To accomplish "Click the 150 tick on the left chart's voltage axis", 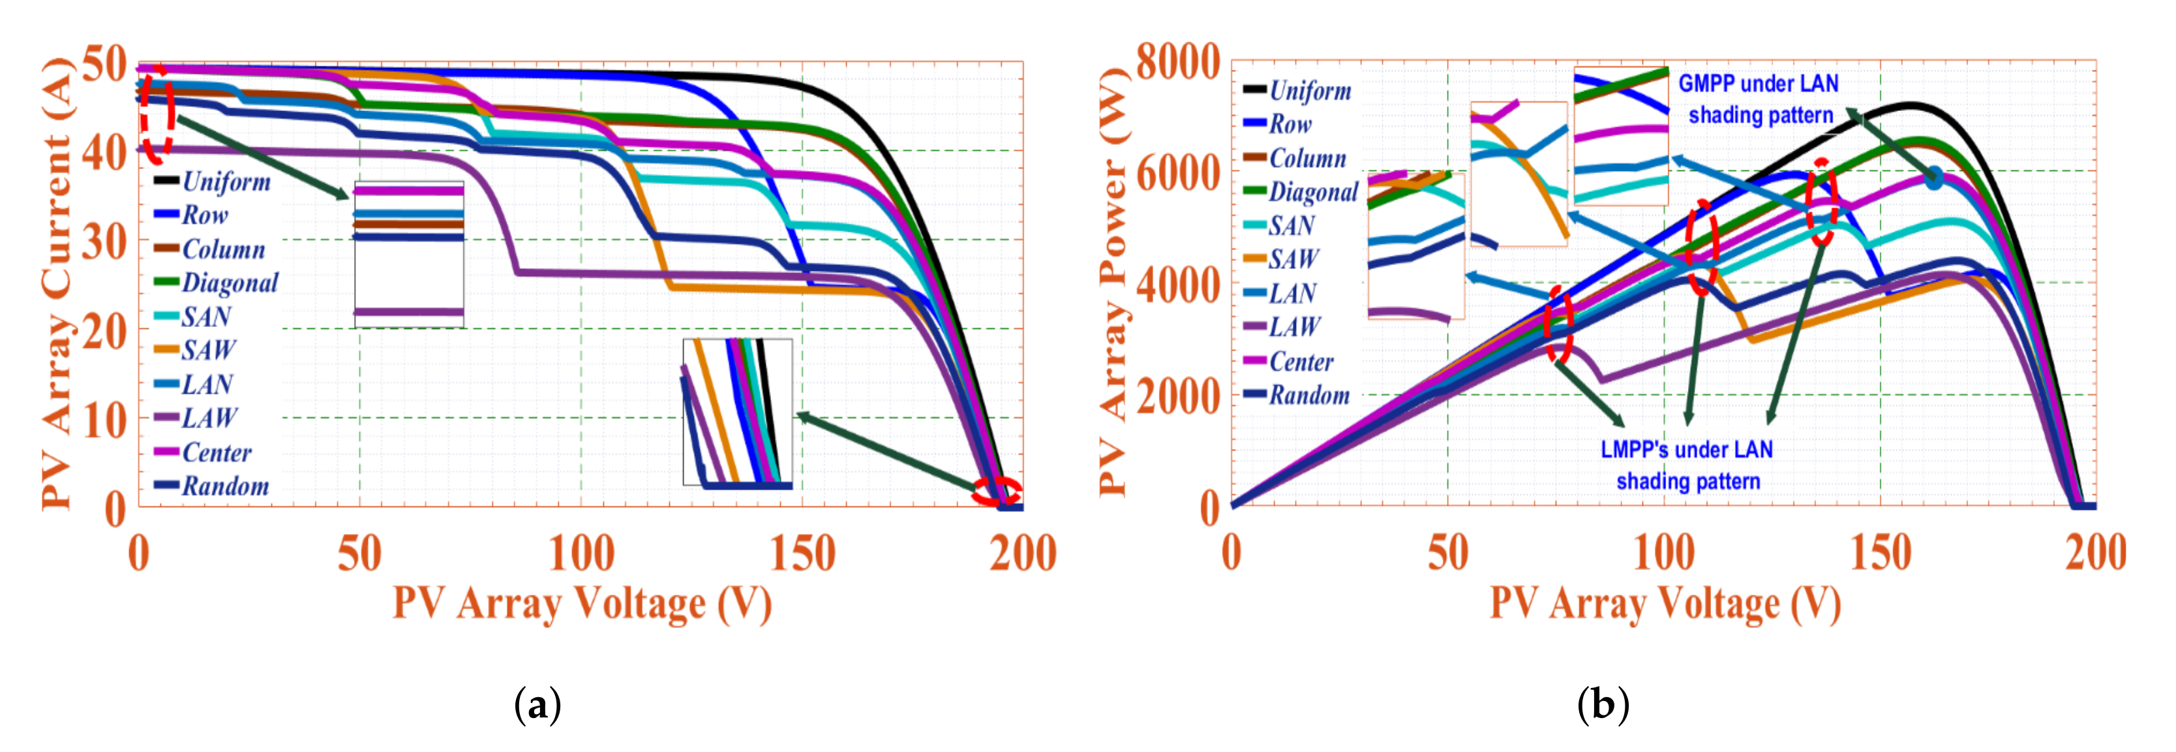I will (x=802, y=554).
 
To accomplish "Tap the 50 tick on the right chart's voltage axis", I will (x=1448, y=554).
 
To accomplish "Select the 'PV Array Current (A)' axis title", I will (x=57, y=283).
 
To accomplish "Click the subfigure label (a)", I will (x=537, y=704).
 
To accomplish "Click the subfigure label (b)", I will (x=1603, y=704).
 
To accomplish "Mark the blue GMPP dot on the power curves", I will (x=1933, y=178).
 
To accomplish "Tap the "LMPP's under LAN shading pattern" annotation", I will (x=1687, y=465).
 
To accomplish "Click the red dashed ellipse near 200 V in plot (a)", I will (x=997, y=491).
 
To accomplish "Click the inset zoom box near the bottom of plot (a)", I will (x=738, y=413).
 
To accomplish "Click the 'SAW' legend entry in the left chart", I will (x=208, y=351).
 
